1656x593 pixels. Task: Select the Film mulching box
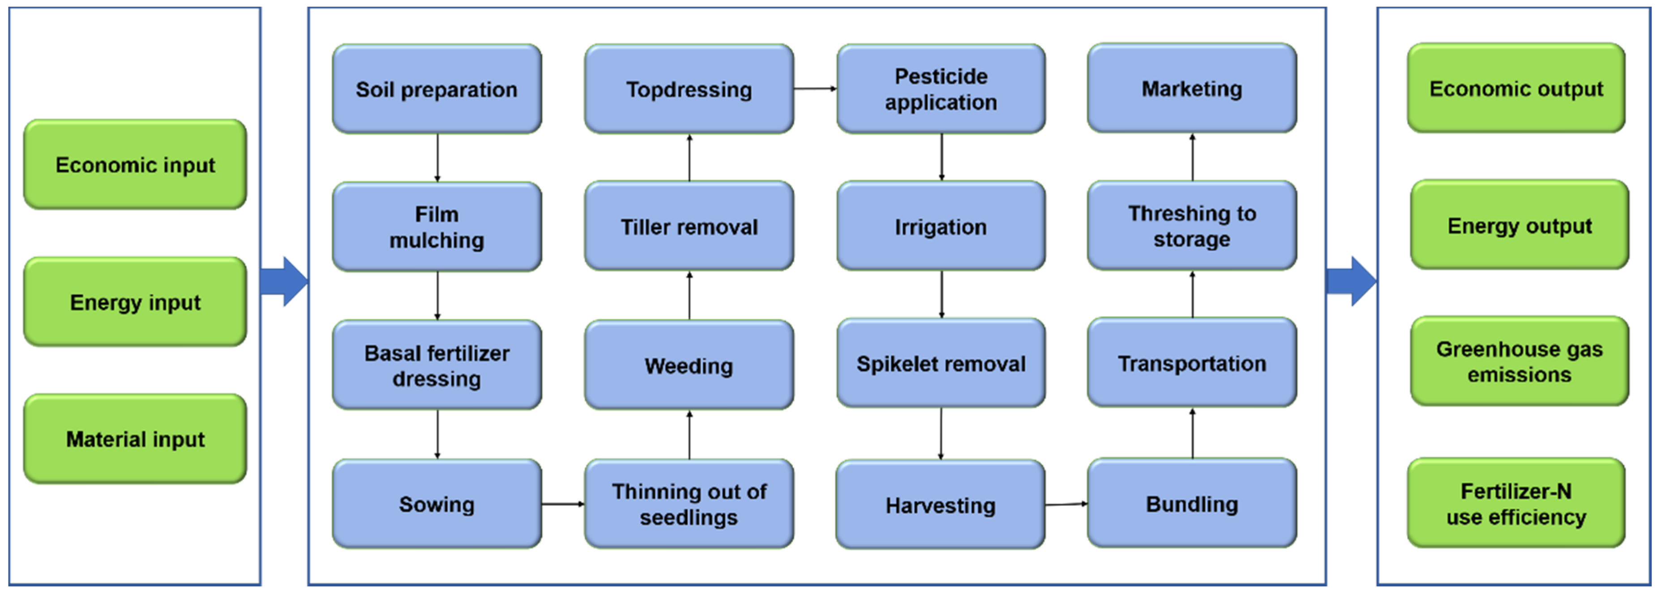click(436, 226)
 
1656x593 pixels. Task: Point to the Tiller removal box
click(689, 226)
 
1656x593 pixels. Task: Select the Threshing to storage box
click(1192, 226)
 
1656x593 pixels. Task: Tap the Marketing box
click(1192, 88)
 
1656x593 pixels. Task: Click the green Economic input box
click(135, 165)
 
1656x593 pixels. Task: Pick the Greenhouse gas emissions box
click(1519, 361)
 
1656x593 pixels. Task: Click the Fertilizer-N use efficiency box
click(1516, 503)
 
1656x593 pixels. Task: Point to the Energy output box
click(1519, 225)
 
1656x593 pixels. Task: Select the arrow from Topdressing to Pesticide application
click(814, 89)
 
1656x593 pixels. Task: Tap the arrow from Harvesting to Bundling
click(1066, 504)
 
